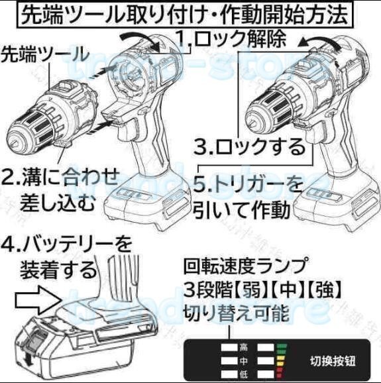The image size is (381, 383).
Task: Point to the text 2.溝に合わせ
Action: click(60, 177)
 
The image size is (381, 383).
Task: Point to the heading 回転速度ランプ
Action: click(246, 266)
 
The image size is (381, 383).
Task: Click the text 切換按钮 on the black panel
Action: click(333, 361)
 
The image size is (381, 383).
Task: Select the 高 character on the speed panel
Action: click(243, 347)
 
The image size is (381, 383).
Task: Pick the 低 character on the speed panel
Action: click(243, 375)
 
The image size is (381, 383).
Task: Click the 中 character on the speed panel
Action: click(243, 360)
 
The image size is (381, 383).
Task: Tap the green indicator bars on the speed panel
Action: click(281, 347)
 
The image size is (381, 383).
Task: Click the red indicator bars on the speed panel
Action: click(281, 375)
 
